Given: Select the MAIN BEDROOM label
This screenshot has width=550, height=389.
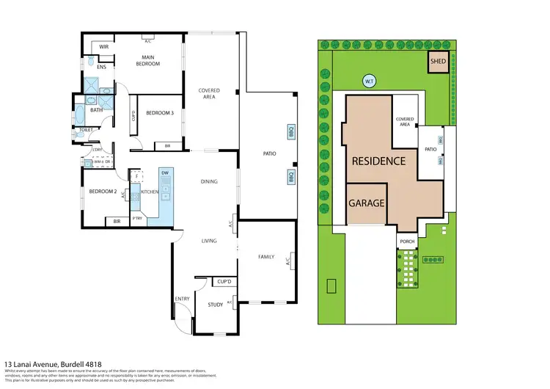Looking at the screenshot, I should tap(147, 61).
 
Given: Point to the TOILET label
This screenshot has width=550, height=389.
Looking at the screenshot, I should tap(85, 131).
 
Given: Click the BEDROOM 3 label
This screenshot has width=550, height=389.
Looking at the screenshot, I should tap(159, 113).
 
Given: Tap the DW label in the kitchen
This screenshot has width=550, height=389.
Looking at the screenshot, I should tap(165, 172).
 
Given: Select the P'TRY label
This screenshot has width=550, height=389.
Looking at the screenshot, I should tap(137, 218).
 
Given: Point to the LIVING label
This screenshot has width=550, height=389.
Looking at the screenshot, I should tap(211, 240).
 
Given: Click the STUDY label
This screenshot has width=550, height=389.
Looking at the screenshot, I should tap(215, 304).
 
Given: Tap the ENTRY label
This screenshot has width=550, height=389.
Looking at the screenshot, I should tap(181, 299).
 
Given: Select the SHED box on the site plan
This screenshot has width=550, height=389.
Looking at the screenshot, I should tap(438, 62).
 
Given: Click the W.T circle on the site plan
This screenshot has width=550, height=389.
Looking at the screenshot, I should tap(369, 81).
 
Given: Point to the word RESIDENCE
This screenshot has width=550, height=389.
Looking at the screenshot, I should tap(378, 161).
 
